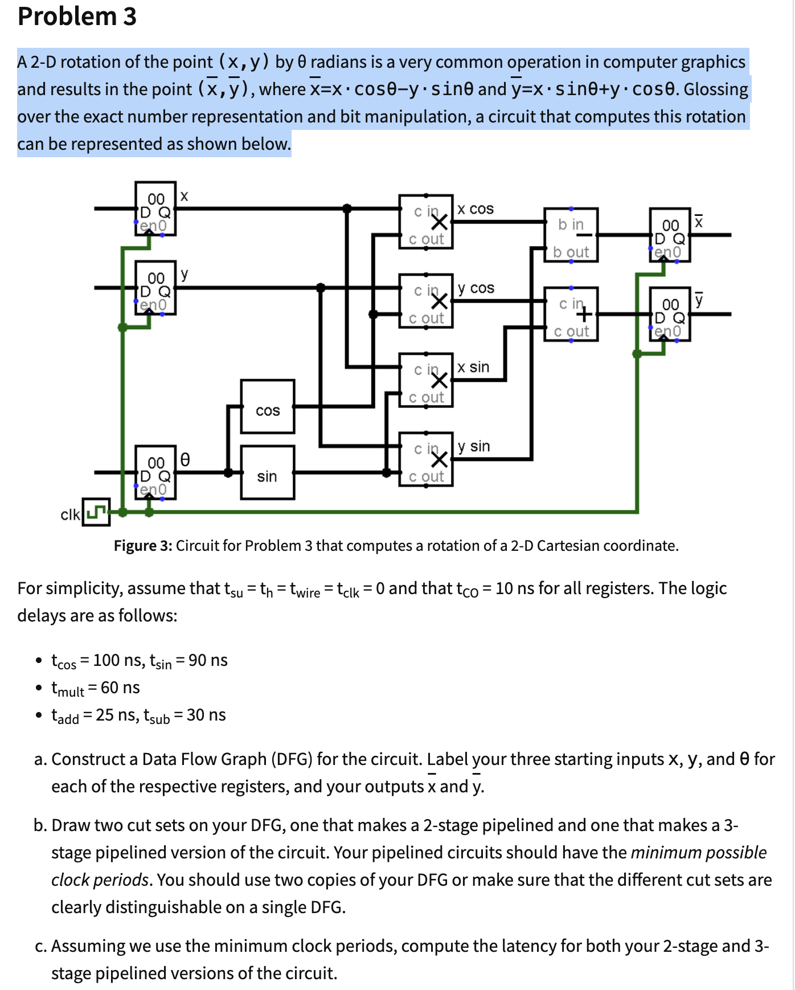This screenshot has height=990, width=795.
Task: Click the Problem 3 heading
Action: click(x=77, y=17)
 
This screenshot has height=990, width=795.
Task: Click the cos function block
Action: click(x=267, y=407)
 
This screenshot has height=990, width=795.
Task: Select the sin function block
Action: click(x=267, y=473)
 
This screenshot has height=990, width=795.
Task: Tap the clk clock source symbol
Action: click(x=96, y=512)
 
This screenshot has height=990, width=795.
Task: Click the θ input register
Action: click(x=155, y=473)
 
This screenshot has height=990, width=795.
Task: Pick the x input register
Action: click(x=155, y=208)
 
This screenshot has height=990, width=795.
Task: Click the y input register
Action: click(x=155, y=288)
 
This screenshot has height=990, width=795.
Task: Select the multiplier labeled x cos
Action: click(x=426, y=222)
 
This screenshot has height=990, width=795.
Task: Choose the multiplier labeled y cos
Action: click(x=426, y=301)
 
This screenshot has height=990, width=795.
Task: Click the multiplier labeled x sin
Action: click(x=426, y=380)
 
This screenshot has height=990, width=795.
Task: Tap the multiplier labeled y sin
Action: click(x=426, y=459)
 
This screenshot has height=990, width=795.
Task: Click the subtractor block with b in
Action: click(x=571, y=235)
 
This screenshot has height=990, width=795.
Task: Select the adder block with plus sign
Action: click(x=571, y=314)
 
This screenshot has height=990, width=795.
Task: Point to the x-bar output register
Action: click(x=670, y=235)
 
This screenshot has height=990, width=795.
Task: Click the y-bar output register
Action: click(x=670, y=314)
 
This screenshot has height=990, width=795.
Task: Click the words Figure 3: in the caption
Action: click(x=143, y=546)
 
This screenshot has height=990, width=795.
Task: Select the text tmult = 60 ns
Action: click(x=96, y=688)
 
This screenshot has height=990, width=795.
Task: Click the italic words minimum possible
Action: click(x=698, y=852)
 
